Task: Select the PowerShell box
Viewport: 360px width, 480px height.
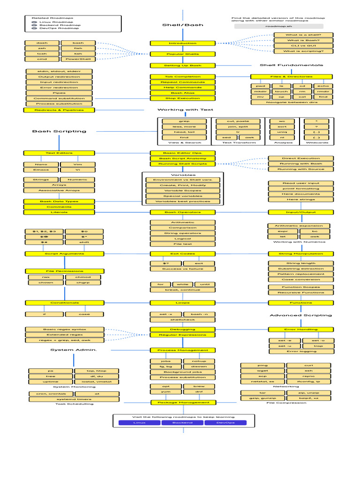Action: click(x=78, y=59)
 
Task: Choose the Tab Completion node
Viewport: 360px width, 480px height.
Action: click(x=182, y=76)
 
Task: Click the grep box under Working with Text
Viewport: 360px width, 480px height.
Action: click(x=184, y=121)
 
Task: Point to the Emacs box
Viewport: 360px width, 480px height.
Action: click(x=41, y=169)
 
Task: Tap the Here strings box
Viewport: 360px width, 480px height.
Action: click(x=300, y=199)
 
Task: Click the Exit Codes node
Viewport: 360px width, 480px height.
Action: click(x=182, y=254)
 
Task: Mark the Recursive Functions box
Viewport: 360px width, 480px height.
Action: click(x=300, y=292)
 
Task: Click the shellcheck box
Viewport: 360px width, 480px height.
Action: click(x=182, y=319)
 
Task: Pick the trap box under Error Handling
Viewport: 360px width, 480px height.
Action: click(x=318, y=346)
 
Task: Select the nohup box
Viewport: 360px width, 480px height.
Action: click(x=199, y=361)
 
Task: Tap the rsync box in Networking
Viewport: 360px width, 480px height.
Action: click(x=309, y=376)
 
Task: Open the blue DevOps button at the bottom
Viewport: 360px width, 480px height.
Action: click(x=225, y=422)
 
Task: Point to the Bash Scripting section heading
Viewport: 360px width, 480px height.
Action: click(x=59, y=131)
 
